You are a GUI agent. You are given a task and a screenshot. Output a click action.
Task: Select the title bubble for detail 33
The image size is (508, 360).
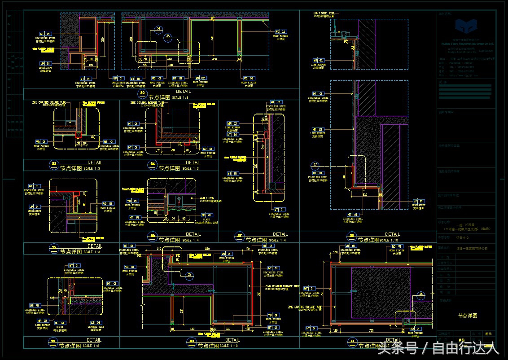54,165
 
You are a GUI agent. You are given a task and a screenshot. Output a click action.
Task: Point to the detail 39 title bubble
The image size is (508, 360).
54,343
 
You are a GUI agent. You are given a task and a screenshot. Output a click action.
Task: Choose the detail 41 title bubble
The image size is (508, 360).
352,343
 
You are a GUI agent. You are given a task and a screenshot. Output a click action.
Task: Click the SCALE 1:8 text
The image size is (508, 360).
180,97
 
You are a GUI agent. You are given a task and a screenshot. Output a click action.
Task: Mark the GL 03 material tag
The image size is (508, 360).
60,322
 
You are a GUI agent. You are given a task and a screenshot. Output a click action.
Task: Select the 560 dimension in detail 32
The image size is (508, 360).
170,65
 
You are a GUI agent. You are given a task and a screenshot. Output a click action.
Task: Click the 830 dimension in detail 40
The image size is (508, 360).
207,249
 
